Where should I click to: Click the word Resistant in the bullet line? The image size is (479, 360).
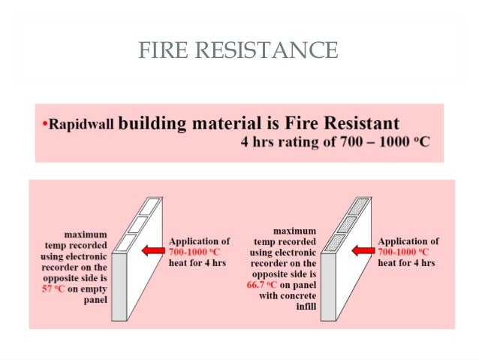click(358, 123)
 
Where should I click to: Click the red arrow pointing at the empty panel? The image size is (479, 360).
click(153, 252)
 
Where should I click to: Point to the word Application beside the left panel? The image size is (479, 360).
click(200, 241)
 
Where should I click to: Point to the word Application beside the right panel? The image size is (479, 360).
click(408, 241)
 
